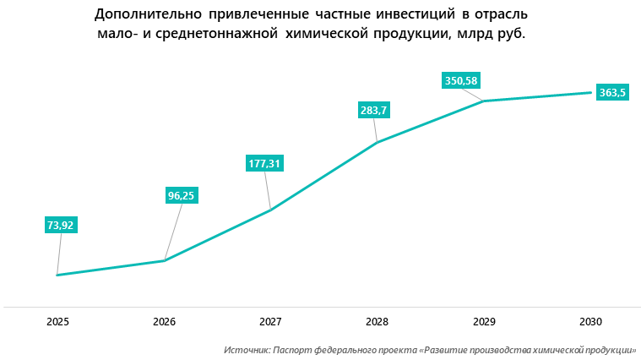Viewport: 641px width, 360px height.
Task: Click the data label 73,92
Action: (x=61, y=225)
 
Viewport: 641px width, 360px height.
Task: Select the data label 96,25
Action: (x=182, y=195)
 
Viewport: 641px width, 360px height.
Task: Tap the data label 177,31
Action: (x=264, y=163)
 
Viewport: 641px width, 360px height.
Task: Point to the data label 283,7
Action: (x=373, y=111)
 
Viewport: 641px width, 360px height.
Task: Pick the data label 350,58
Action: (x=460, y=81)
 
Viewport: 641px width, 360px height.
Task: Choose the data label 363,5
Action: (x=611, y=93)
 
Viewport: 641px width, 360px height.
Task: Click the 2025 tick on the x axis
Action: (x=57, y=322)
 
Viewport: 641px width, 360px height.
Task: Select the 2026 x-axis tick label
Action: (x=164, y=322)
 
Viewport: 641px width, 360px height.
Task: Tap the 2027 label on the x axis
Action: (x=270, y=322)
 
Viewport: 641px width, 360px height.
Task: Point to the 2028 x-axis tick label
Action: (x=377, y=322)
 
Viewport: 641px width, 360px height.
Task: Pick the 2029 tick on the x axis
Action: (x=483, y=322)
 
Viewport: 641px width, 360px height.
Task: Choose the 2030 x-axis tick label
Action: (x=589, y=322)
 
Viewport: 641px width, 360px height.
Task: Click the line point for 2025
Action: (x=57, y=275)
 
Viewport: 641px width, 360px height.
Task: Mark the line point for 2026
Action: (x=164, y=260)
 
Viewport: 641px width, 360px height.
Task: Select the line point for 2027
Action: (x=270, y=210)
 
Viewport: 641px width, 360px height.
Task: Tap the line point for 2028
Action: (x=377, y=142)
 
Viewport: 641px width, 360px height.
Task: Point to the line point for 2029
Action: (x=483, y=101)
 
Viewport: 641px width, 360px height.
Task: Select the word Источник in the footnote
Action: (x=246, y=349)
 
